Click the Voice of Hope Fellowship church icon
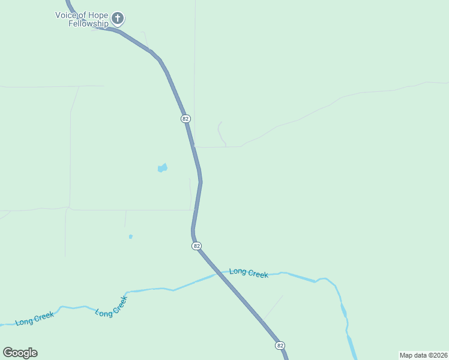point(118,19)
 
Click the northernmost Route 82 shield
point(185,119)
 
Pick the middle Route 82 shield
point(196,246)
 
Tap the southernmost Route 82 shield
point(280,346)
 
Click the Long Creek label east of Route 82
point(249,273)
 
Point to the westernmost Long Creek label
point(35,319)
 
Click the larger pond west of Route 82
point(162,169)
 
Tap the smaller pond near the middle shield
point(130,236)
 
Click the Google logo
point(20,353)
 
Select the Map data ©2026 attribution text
point(423,355)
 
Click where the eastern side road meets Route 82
point(194,146)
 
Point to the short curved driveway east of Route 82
point(221,133)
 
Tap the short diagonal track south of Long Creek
point(273,307)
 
